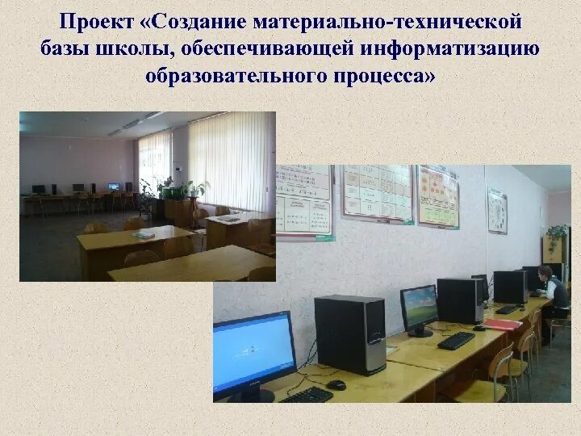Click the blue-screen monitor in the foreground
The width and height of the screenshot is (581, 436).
point(253,353)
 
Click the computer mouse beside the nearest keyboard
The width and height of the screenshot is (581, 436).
point(336,385)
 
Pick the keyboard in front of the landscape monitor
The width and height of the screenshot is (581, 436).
point(456,340)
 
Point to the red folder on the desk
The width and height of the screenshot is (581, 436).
point(502,325)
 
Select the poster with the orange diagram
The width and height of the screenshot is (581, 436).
point(438,195)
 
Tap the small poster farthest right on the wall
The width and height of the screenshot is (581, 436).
point(497,210)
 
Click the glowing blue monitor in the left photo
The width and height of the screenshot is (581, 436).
point(114,187)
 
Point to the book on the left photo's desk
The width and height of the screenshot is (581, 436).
point(144,235)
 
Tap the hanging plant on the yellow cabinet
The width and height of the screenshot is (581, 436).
point(556,233)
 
